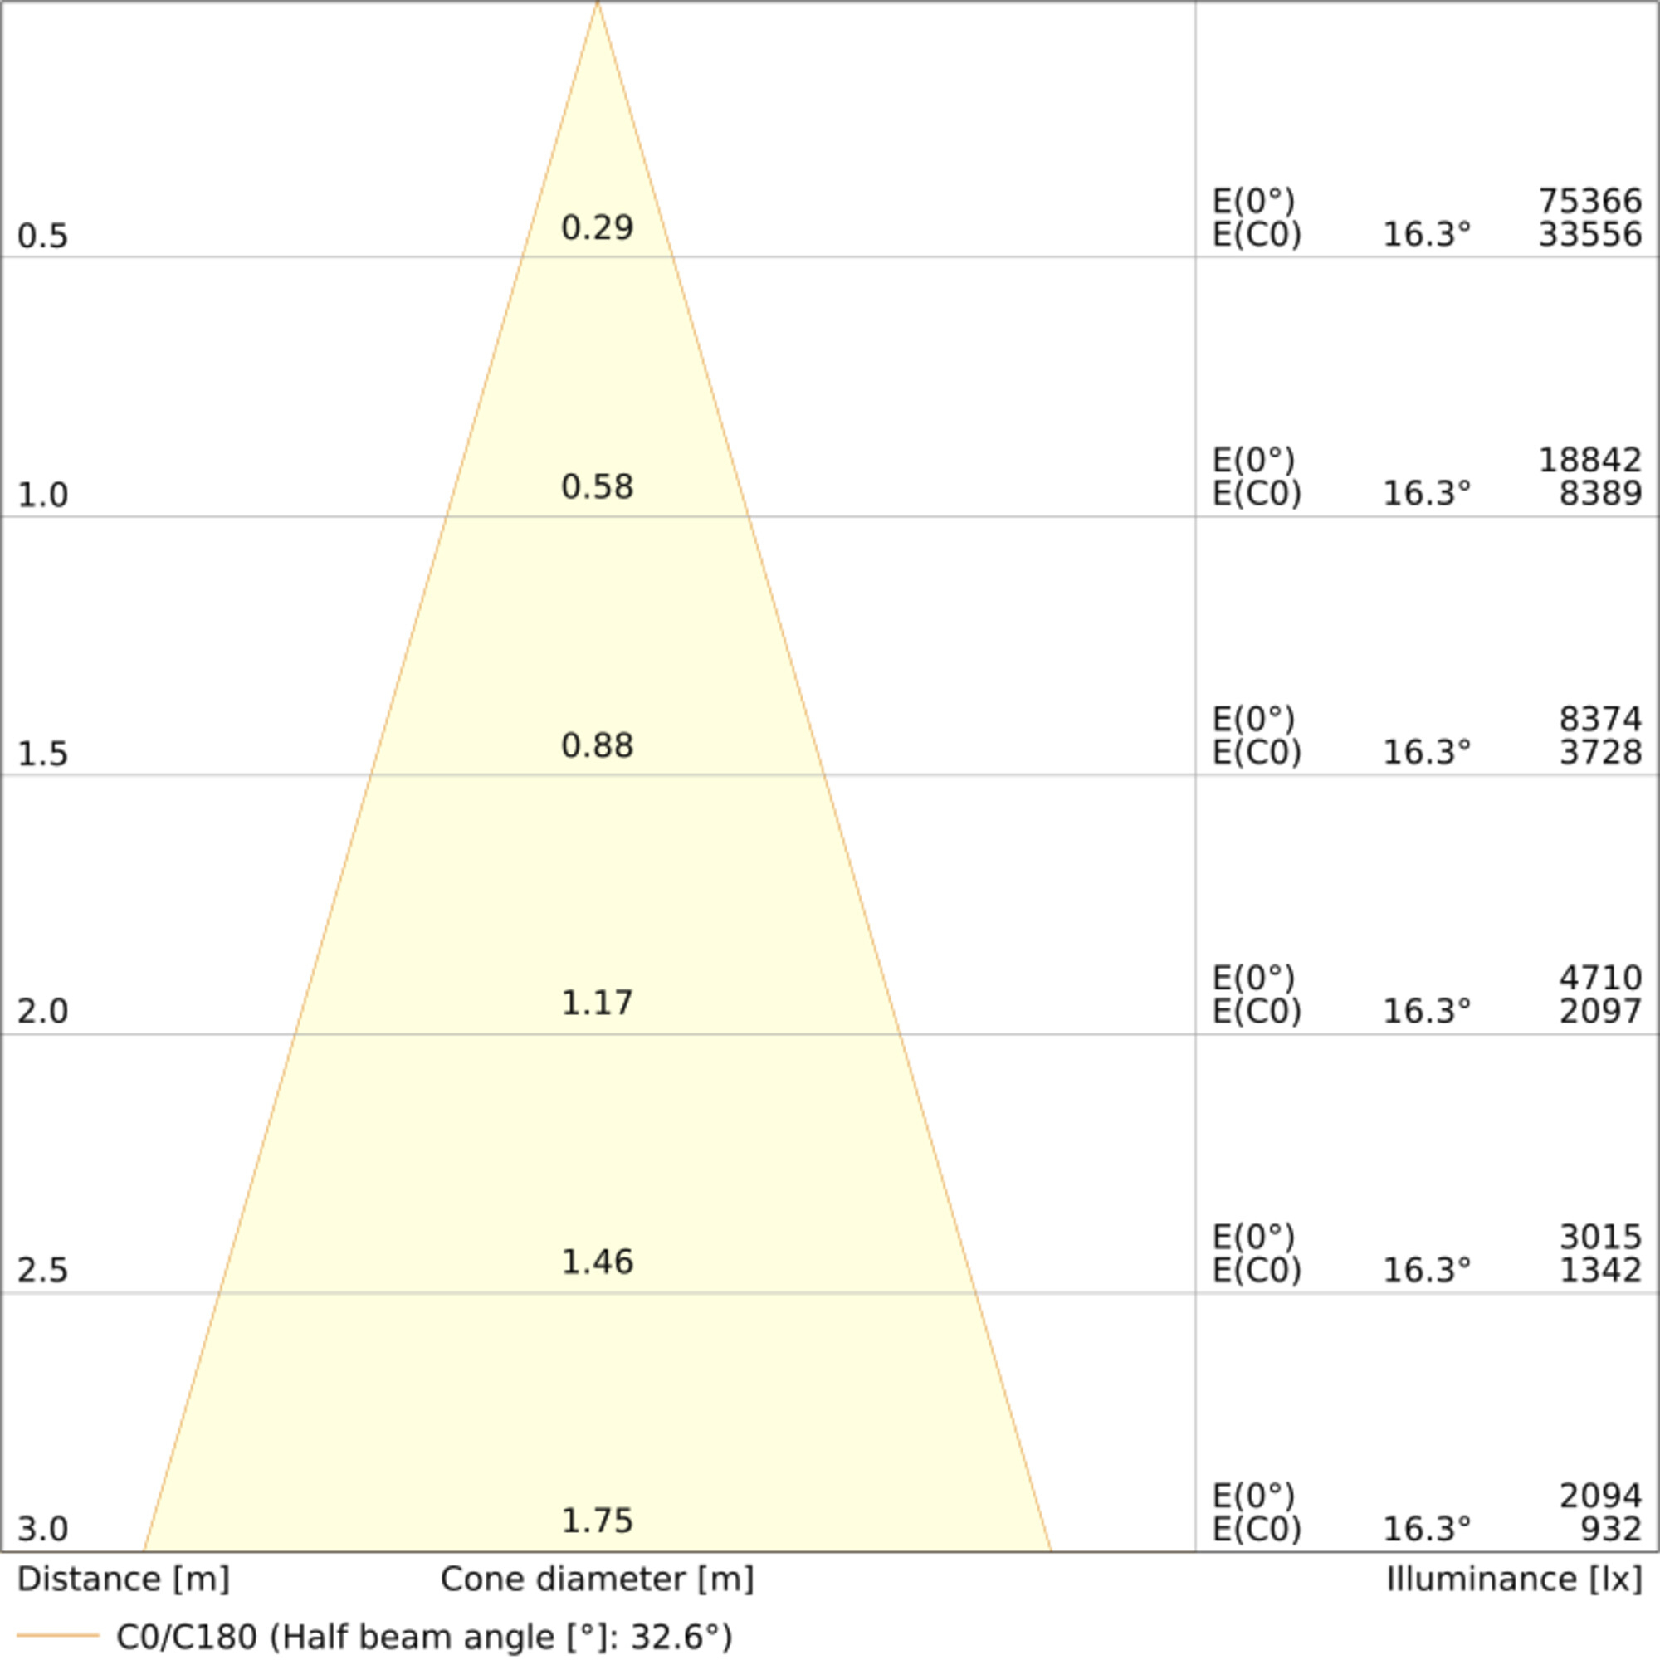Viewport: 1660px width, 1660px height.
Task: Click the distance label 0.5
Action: click(x=42, y=237)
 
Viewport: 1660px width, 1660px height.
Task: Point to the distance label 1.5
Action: click(x=42, y=754)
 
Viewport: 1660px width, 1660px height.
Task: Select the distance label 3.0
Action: click(x=42, y=1530)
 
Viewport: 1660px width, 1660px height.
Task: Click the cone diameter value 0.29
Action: click(x=597, y=227)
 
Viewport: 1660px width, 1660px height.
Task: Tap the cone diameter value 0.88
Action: click(x=597, y=746)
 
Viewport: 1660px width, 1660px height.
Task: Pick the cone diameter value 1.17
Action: click(x=597, y=1003)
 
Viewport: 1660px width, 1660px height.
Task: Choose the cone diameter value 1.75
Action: click(x=597, y=1521)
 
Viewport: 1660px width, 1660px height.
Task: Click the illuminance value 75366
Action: click(x=1589, y=202)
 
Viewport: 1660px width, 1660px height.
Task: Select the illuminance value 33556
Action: click(x=1589, y=235)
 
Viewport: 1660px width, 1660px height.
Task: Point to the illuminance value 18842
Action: click(x=1589, y=461)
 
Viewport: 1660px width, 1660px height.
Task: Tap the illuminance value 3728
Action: click(x=1600, y=753)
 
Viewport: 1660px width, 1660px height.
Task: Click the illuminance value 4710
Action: click(x=1600, y=979)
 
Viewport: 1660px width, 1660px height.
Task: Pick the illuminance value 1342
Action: click(x=1600, y=1270)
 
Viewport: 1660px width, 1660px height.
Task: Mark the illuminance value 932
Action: click(x=1611, y=1530)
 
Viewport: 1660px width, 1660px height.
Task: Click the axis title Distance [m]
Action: click(x=123, y=1579)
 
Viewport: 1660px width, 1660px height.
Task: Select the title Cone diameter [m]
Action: click(x=597, y=1579)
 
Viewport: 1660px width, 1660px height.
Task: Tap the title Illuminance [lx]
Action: click(x=1514, y=1579)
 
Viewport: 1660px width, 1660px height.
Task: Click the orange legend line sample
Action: click(x=58, y=1634)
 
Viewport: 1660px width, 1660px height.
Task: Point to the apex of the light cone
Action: click(x=597, y=3)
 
